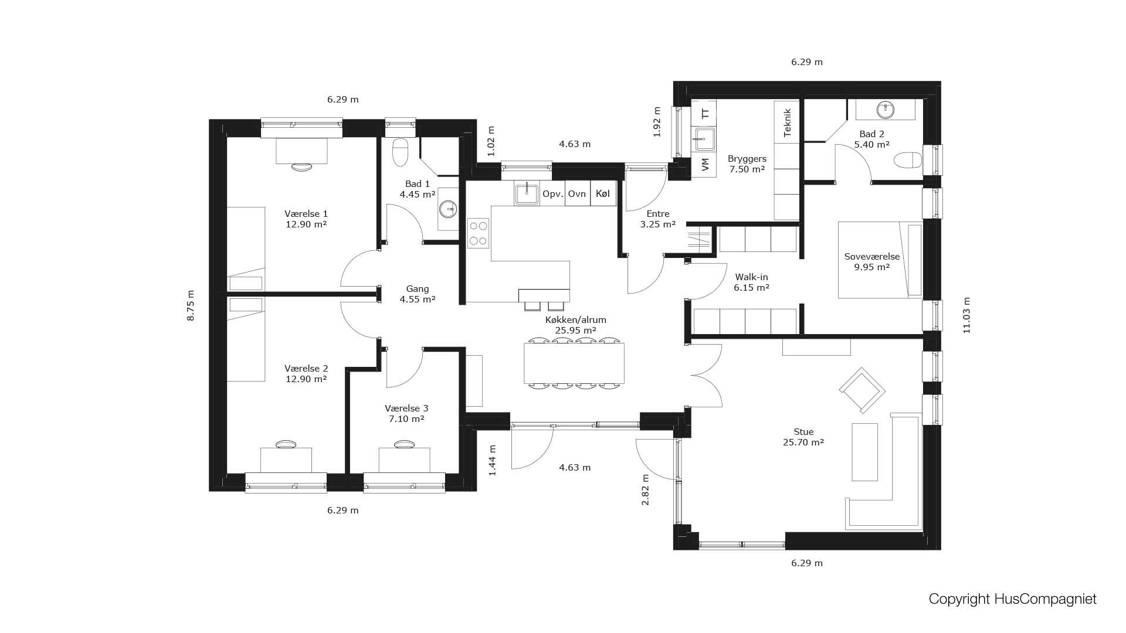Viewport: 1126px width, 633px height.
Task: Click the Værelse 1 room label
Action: [x=306, y=219]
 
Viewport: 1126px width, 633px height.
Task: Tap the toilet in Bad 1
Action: [x=399, y=152]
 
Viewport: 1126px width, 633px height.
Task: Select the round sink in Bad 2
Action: [x=885, y=109]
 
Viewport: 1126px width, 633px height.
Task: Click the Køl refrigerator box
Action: [x=603, y=194]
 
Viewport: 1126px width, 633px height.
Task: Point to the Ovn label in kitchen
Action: [x=577, y=194]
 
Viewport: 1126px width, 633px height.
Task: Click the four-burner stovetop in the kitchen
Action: [x=478, y=233]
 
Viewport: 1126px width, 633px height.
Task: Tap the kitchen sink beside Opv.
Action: [x=527, y=194]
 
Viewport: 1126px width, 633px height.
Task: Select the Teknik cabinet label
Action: [x=787, y=122]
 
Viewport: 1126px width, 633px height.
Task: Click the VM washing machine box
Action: [x=705, y=165]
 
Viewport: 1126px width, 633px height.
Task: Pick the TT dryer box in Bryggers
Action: [x=705, y=113]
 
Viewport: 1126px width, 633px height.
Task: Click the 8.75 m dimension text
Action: [x=191, y=305]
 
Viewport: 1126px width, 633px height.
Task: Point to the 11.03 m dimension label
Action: [x=966, y=315]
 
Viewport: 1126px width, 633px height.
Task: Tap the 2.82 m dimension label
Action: [x=645, y=489]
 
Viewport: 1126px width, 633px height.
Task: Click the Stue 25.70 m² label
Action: [x=803, y=437]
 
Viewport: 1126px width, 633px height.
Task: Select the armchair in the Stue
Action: [x=862, y=389]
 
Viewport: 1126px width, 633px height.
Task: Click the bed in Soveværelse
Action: [x=879, y=260]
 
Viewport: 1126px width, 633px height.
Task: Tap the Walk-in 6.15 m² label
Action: [x=751, y=282]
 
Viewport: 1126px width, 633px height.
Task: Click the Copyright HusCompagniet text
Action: [x=1012, y=599]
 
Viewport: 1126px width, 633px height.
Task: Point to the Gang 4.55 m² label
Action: [x=417, y=294]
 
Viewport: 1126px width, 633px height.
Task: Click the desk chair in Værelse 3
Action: [x=403, y=444]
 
